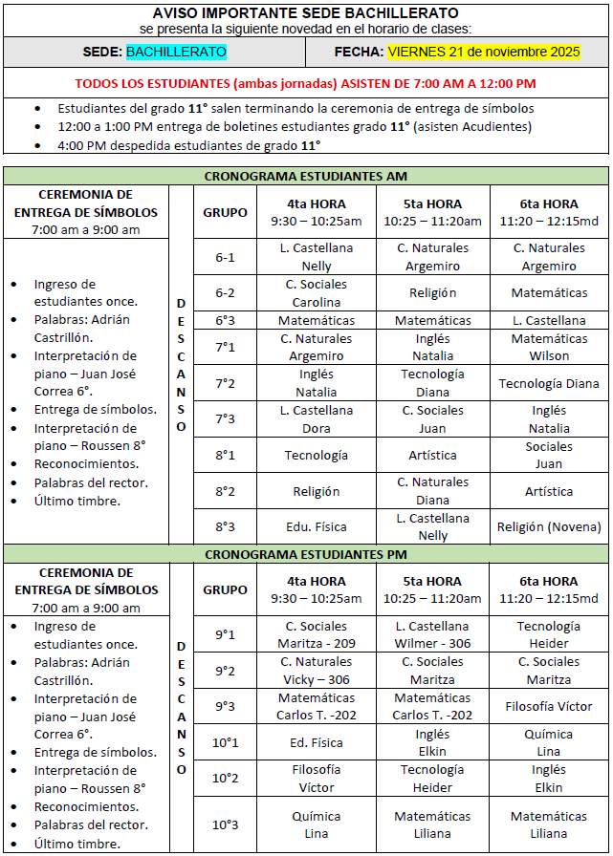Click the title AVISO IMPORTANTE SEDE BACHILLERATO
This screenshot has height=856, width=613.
tap(305, 13)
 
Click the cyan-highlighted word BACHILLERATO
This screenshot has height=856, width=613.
tap(171, 52)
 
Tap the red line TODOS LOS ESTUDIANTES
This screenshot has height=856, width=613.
tap(305, 83)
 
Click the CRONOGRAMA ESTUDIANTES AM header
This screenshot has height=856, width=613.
tap(306, 176)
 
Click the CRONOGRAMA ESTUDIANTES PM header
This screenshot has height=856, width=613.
tap(306, 553)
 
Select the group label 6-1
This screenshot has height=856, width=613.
tap(225, 257)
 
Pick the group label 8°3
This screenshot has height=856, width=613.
tap(225, 526)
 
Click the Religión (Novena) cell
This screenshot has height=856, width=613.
tap(549, 526)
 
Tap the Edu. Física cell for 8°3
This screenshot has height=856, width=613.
tap(317, 526)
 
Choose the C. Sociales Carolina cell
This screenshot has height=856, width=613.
tap(317, 293)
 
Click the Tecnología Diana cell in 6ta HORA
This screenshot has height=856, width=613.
tap(549, 383)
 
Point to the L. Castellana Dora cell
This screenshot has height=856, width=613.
tap(317, 419)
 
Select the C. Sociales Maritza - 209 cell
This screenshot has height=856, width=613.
tap(317, 634)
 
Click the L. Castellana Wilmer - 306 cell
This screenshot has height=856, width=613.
tap(432, 634)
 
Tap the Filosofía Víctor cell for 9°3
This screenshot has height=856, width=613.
tap(549, 707)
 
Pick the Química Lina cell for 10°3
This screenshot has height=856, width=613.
tap(317, 824)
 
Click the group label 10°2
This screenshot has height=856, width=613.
tap(225, 778)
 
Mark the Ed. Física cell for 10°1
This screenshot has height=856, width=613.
tap(317, 742)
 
